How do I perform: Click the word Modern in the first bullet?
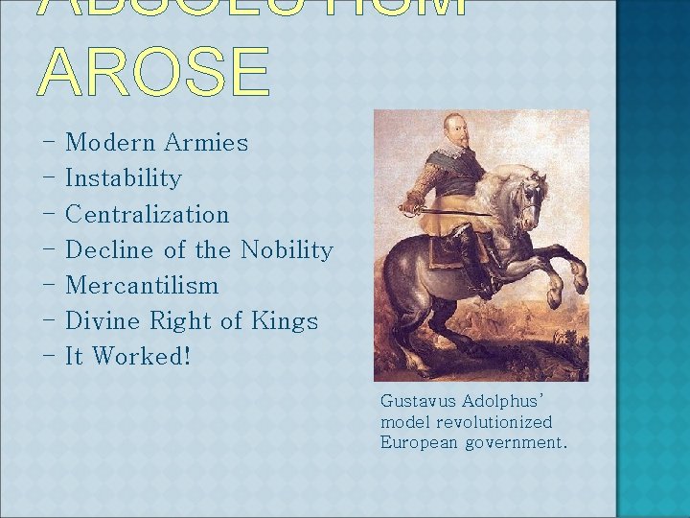[x=109, y=143]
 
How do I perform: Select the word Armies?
[x=206, y=143]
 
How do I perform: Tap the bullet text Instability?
[x=123, y=178]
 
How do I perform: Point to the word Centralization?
[x=148, y=214]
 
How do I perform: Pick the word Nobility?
[x=287, y=250]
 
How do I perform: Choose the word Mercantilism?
[x=142, y=286]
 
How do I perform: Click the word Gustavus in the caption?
[x=417, y=401]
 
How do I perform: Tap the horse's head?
[x=528, y=198]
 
